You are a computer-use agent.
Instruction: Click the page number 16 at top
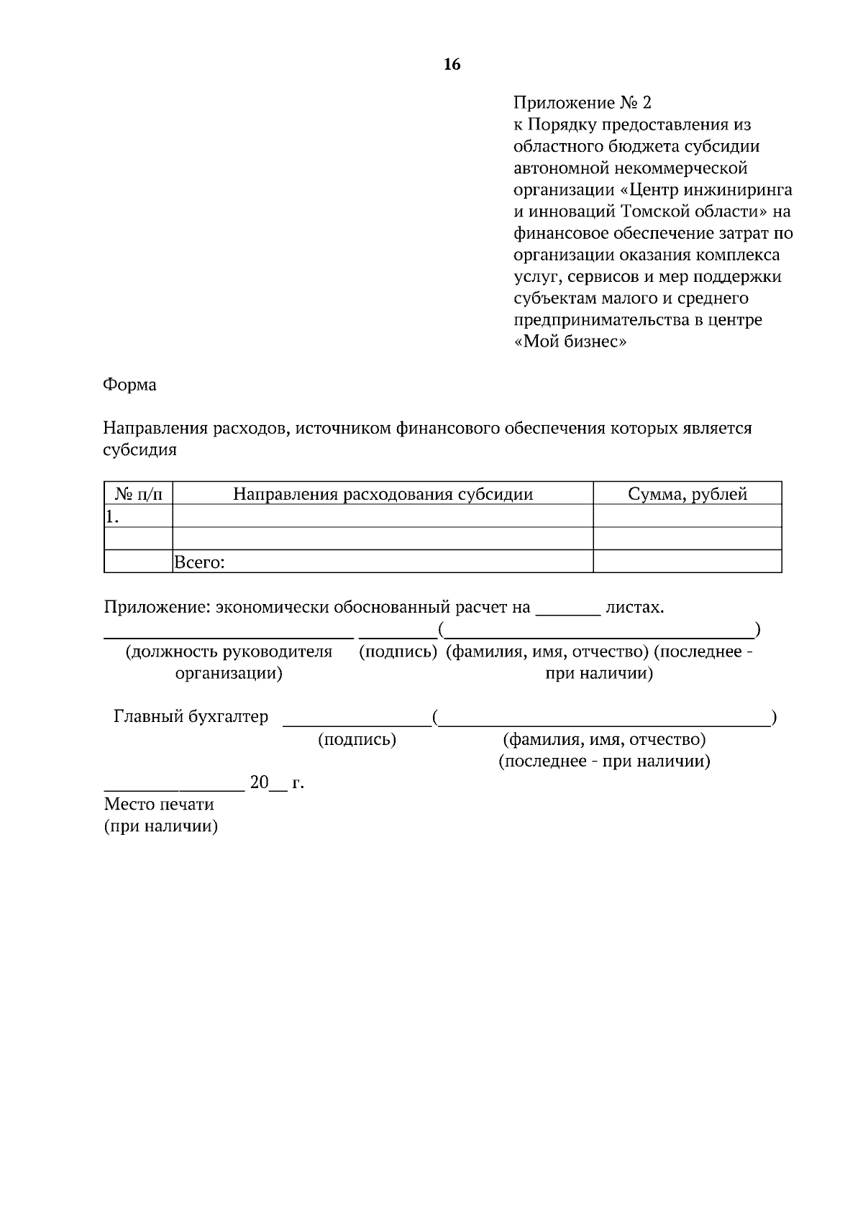click(452, 65)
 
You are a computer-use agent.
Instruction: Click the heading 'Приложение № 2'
click(583, 103)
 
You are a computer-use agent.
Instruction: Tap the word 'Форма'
click(130, 385)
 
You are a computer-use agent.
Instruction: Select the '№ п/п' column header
click(139, 494)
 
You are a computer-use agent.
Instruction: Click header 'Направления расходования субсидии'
click(383, 494)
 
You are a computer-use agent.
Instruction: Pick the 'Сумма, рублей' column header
click(687, 494)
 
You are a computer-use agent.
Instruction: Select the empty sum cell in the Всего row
click(687, 562)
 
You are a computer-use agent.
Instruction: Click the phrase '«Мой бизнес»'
click(571, 342)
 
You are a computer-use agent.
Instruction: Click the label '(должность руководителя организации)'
click(229, 662)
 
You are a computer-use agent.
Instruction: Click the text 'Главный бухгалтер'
click(191, 717)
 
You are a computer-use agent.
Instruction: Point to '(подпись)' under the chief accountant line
click(357, 739)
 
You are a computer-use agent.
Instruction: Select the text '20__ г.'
click(276, 782)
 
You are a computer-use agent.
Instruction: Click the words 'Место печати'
click(159, 804)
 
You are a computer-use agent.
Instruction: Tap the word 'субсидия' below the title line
click(140, 450)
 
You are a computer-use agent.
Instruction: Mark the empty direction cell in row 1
click(383, 516)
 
